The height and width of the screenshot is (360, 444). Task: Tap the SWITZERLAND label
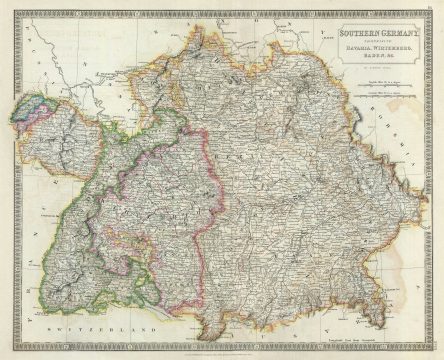[x=112, y=328]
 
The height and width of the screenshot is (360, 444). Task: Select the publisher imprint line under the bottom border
[x=222, y=353]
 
